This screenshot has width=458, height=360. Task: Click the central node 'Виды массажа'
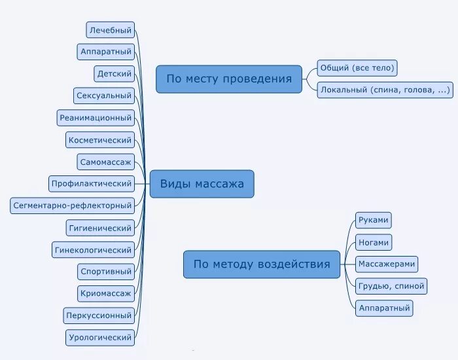click(202, 184)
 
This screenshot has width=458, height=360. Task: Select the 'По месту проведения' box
click(229, 79)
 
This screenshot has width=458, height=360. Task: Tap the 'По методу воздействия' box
click(262, 264)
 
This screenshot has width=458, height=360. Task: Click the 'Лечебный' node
click(111, 29)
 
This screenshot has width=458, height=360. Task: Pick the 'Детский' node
click(114, 73)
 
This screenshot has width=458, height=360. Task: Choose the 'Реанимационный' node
click(96, 118)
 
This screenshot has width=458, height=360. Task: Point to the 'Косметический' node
click(100, 139)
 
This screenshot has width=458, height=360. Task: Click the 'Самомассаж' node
click(105, 162)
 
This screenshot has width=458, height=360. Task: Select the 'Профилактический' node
click(92, 184)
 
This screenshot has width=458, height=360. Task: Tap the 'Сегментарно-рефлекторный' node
click(73, 206)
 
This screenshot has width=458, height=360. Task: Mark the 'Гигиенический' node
click(100, 228)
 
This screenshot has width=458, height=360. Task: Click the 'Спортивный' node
click(105, 271)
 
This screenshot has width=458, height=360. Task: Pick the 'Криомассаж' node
click(105, 293)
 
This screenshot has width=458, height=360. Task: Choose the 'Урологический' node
click(100, 338)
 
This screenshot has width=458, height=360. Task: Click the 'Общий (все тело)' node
click(357, 68)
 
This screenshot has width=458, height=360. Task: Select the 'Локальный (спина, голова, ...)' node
click(385, 90)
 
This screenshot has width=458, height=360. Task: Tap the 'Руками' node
click(374, 220)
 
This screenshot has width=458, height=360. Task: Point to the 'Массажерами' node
click(387, 264)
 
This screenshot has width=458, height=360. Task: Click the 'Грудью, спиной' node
click(391, 286)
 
